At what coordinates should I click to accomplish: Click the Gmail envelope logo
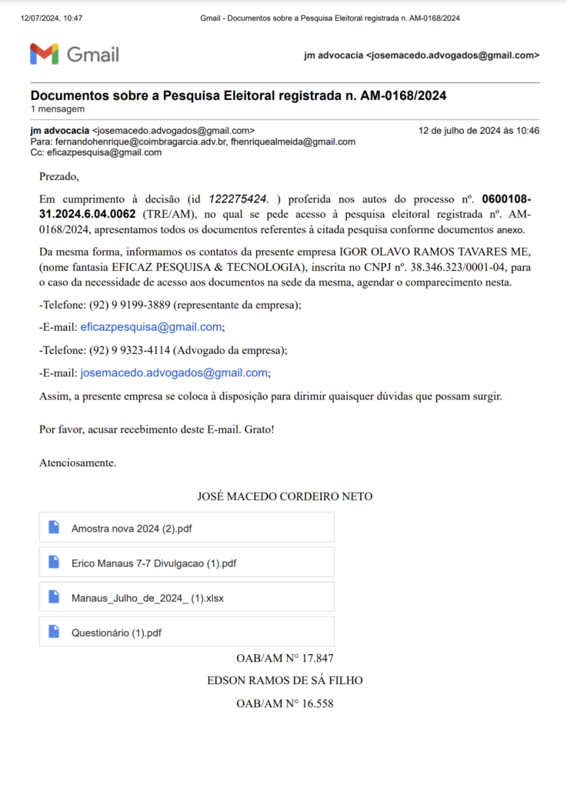[44, 54]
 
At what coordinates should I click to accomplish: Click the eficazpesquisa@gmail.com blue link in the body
[152, 327]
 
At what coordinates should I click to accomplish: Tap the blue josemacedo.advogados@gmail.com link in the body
[175, 373]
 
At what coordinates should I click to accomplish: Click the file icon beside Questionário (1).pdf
[54, 632]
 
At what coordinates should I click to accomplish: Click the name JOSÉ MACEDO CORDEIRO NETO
[285, 496]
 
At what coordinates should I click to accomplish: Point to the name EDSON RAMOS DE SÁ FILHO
[285, 681]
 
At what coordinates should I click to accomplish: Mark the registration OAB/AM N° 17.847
[285, 659]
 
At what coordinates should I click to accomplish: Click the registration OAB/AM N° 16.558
[285, 703]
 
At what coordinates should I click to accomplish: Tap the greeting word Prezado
[58, 177]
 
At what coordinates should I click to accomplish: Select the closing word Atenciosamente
[77, 463]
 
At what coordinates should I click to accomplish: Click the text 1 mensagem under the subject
[58, 109]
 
